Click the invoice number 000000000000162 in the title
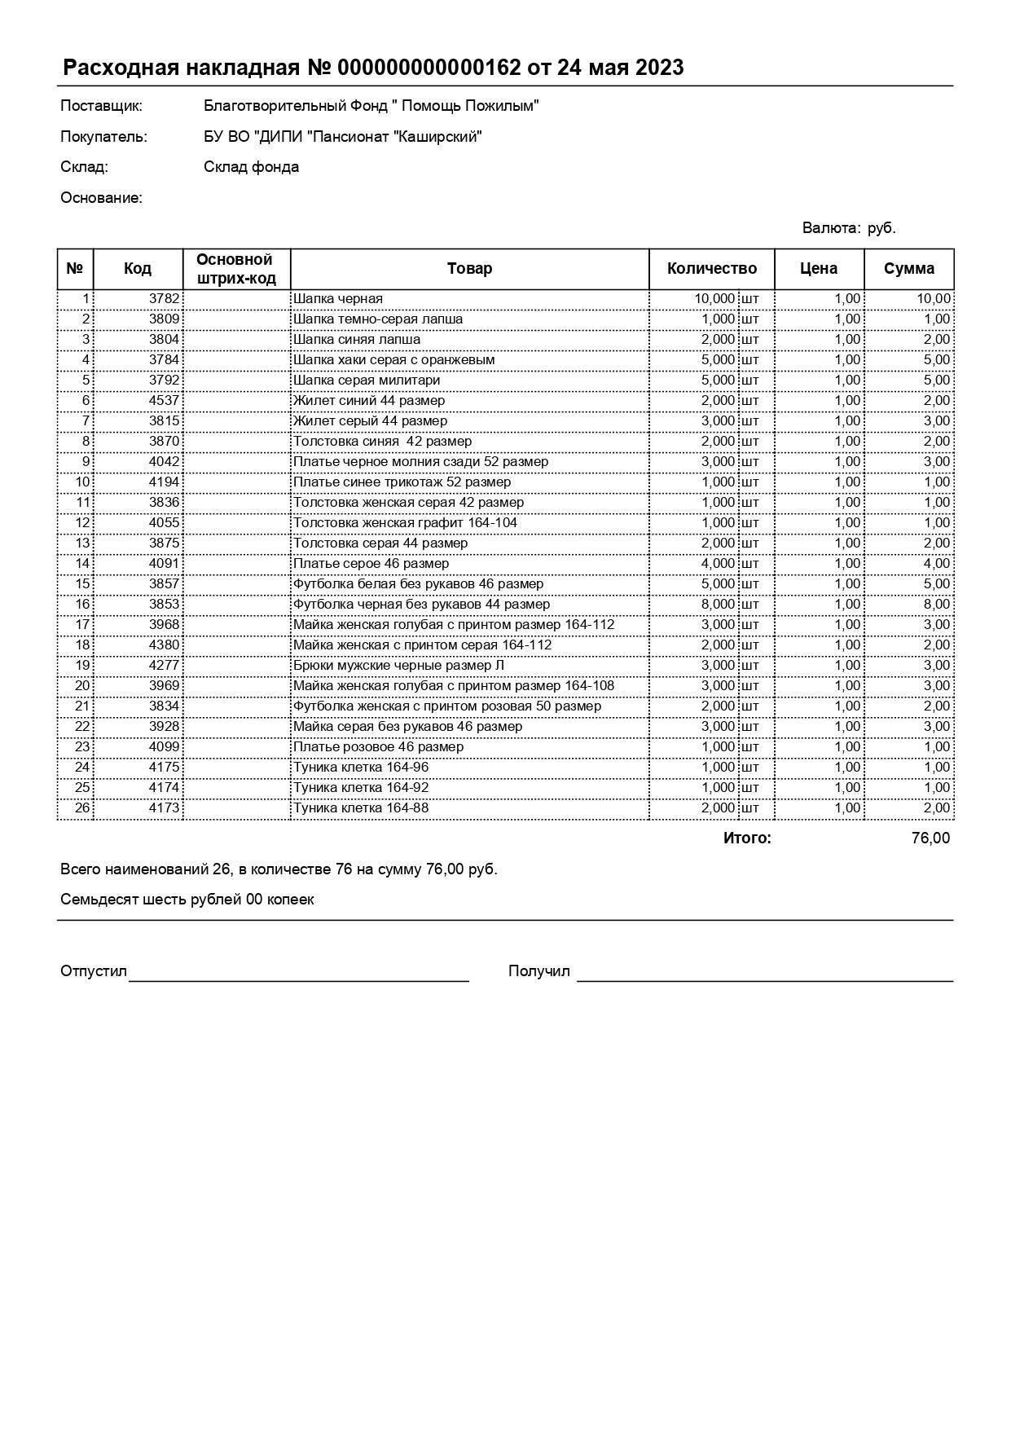point(429,68)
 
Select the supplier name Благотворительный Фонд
point(371,106)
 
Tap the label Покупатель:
point(103,137)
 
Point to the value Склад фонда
point(251,167)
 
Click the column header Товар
point(469,269)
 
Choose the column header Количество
point(711,269)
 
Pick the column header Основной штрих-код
point(235,269)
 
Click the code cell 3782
point(164,299)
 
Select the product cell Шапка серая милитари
point(367,381)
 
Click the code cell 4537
point(164,401)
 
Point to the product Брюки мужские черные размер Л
point(398,666)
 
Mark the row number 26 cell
point(82,808)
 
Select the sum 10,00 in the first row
point(933,299)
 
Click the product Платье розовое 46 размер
point(378,747)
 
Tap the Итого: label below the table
point(746,838)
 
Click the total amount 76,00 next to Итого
point(930,838)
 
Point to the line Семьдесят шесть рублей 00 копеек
point(187,900)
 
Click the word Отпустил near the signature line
point(94,971)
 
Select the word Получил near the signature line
point(538,971)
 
